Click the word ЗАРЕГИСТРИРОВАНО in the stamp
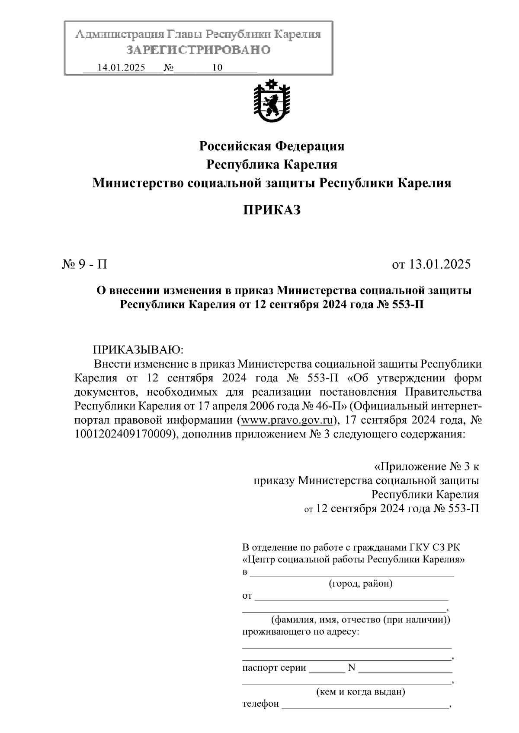(x=199, y=50)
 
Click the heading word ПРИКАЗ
(x=271, y=210)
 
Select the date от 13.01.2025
(x=431, y=264)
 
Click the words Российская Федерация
(x=272, y=146)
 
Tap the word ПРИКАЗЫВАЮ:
(x=138, y=349)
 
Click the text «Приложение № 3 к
(x=426, y=466)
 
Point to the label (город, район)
(x=361, y=584)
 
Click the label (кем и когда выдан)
(x=361, y=692)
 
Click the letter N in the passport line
(x=351, y=668)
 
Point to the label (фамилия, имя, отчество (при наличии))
(x=361, y=620)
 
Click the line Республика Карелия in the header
(x=272, y=165)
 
